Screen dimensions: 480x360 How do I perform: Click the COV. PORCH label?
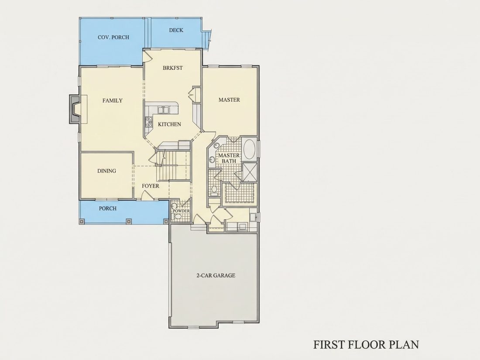(113, 38)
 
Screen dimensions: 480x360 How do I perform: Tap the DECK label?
(176, 30)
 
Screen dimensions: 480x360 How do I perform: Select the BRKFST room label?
(173, 68)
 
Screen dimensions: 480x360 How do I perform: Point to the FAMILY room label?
(112, 100)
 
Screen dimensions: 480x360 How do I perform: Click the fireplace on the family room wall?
(75, 109)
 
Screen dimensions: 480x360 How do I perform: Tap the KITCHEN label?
(169, 124)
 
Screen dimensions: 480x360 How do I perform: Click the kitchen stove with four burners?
(149, 122)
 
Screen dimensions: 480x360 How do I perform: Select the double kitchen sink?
(163, 110)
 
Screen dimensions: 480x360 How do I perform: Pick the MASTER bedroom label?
(229, 100)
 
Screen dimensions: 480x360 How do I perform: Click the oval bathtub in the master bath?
(250, 149)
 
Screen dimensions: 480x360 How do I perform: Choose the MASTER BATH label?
(229, 158)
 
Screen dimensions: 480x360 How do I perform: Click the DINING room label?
(107, 171)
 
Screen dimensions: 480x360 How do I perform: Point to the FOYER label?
(150, 186)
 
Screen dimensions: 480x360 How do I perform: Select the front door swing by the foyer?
(146, 195)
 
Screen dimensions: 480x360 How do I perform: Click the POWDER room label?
(181, 211)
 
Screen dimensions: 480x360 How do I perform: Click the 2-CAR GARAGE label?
(216, 275)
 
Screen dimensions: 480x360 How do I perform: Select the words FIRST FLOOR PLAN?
(366, 344)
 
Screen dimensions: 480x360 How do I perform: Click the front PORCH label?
(107, 209)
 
